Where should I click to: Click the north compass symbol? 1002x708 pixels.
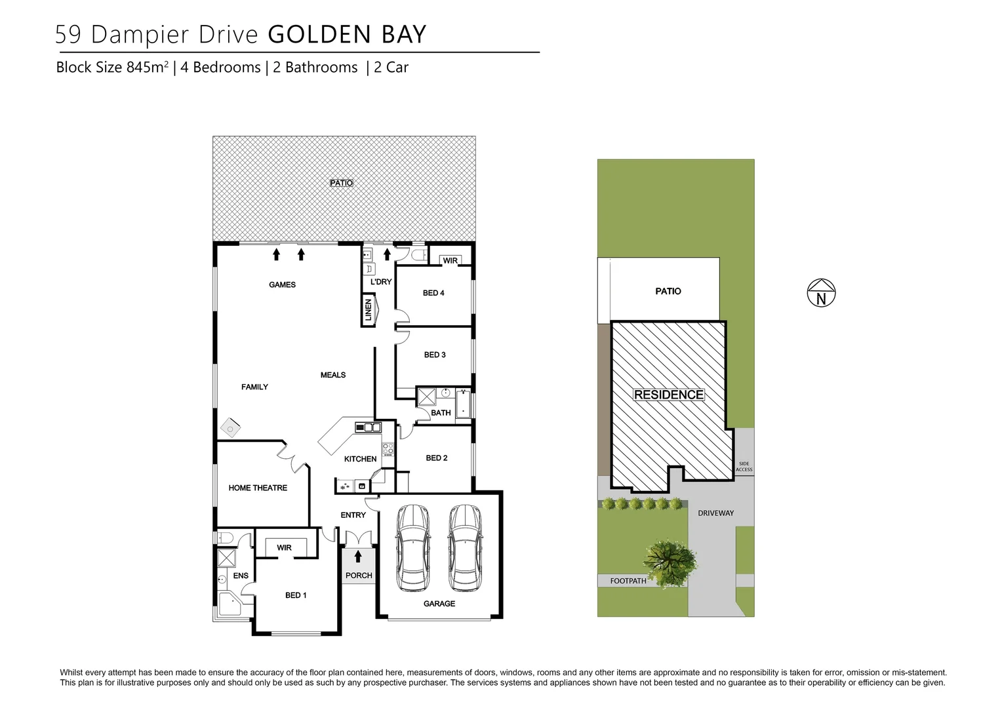(x=821, y=293)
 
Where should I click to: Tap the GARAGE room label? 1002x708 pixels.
(x=439, y=604)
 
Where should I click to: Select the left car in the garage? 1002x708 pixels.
(x=413, y=548)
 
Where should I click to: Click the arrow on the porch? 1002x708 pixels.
(x=358, y=557)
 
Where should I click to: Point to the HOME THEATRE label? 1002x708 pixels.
(x=258, y=488)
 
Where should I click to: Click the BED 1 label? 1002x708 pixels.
(x=296, y=595)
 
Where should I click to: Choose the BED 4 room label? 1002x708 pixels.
(x=433, y=293)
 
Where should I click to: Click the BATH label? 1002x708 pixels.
(x=441, y=413)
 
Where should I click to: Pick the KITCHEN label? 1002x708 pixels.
(x=360, y=459)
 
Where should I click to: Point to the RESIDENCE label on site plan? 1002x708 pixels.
(x=669, y=395)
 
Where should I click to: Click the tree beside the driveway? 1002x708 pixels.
(x=670, y=560)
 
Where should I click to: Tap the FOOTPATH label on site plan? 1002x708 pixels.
(x=628, y=581)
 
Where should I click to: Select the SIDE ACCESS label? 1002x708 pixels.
(x=744, y=467)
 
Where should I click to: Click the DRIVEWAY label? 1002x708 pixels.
(x=715, y=513)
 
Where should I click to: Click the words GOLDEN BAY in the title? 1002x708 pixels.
(x=348, y=34)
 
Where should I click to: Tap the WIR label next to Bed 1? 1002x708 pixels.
(x=284, y=548)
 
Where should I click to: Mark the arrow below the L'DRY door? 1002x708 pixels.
(x=387, y=254)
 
